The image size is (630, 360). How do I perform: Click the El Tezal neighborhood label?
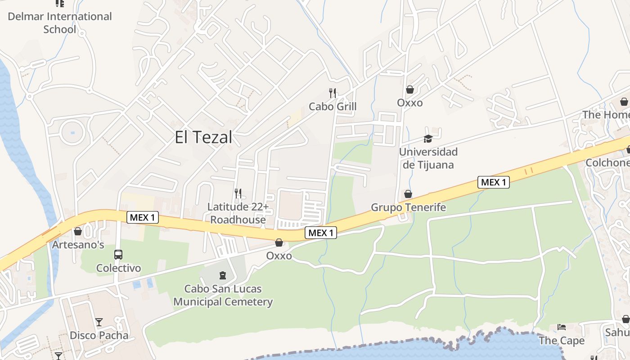[203, 137]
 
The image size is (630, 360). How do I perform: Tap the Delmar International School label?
[60, 23]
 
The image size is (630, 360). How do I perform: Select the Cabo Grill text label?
[333, 107]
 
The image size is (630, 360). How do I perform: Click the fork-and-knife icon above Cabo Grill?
[333, 93]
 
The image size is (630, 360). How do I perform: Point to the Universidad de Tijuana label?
[428, 158]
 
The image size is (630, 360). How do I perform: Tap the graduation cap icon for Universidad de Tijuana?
[427, 139]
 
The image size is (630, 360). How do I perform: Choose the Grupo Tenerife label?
[408, 207]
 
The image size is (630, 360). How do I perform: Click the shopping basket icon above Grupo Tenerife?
[408, 194]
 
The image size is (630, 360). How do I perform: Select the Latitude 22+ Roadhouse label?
[238, 213]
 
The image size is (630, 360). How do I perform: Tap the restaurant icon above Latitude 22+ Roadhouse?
[238, 193]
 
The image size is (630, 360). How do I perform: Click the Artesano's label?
[78, 245]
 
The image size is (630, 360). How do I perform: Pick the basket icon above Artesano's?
[78, 231]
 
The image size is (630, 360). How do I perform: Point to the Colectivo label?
[118, 268]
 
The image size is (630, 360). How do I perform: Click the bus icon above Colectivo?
[118, 255]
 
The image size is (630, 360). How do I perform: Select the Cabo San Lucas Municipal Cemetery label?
[223, 295]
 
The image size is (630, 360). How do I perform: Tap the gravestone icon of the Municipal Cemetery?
[223, 275]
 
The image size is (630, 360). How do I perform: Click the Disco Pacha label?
[99, 335]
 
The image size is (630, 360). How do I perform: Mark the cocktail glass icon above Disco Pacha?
[99, 322]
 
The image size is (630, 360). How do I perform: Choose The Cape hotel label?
[562, 341]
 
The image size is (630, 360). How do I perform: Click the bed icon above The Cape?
[562, 327]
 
